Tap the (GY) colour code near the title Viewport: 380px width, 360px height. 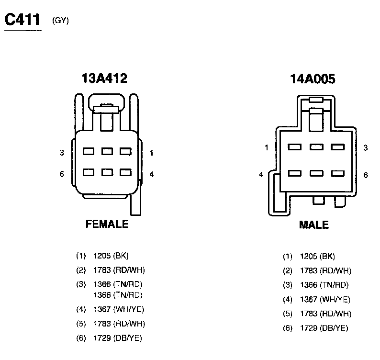pos(60,21)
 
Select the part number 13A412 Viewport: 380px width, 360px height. pos(105,79)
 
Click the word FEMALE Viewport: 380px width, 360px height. pos(107,224)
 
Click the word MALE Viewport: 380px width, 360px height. pos(313,225)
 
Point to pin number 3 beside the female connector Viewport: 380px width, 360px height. pos(62,153)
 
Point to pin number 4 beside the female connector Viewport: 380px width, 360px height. pos(152,174)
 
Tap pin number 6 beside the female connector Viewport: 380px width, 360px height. pos(62,174)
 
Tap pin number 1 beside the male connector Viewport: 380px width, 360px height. pos(267,147)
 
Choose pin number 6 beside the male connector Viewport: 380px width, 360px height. pos(366,175)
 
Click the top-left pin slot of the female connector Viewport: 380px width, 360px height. pos(88,151)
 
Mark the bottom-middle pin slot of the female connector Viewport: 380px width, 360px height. pos(107,172)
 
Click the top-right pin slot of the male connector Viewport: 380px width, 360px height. pos(337,147)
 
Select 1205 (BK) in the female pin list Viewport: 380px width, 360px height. pos(112,256)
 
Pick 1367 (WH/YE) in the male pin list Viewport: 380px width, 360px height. pos(325,300)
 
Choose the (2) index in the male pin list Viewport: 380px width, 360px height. pos(287,271)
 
